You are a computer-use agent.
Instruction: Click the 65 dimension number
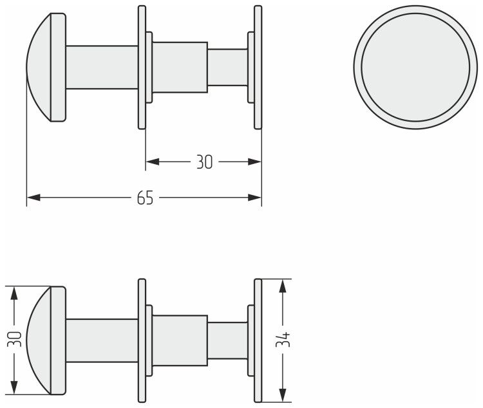pyautogui.click(x=145, y=198)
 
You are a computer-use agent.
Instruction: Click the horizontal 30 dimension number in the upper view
pyautogui.click(x=205, y=162)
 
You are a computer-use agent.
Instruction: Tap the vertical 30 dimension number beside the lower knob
pyautogui.click(x=15, y=339)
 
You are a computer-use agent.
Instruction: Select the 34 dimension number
pyautogui.click(x=283, y=339)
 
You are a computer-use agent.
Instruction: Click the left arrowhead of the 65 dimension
pyautogui.click(x=33, y=198)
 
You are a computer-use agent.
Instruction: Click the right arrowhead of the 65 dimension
pyautogui.click(x=255, y=198)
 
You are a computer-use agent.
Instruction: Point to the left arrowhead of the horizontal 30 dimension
pyautogui.click(x=153, y=162)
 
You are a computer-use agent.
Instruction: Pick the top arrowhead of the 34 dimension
pyautogui.click(x=283, y=286)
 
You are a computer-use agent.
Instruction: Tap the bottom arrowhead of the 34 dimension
pyautogui.click(x=283, y=395)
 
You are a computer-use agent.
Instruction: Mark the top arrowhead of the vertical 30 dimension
pyautogui.click(x=14, y=293)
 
